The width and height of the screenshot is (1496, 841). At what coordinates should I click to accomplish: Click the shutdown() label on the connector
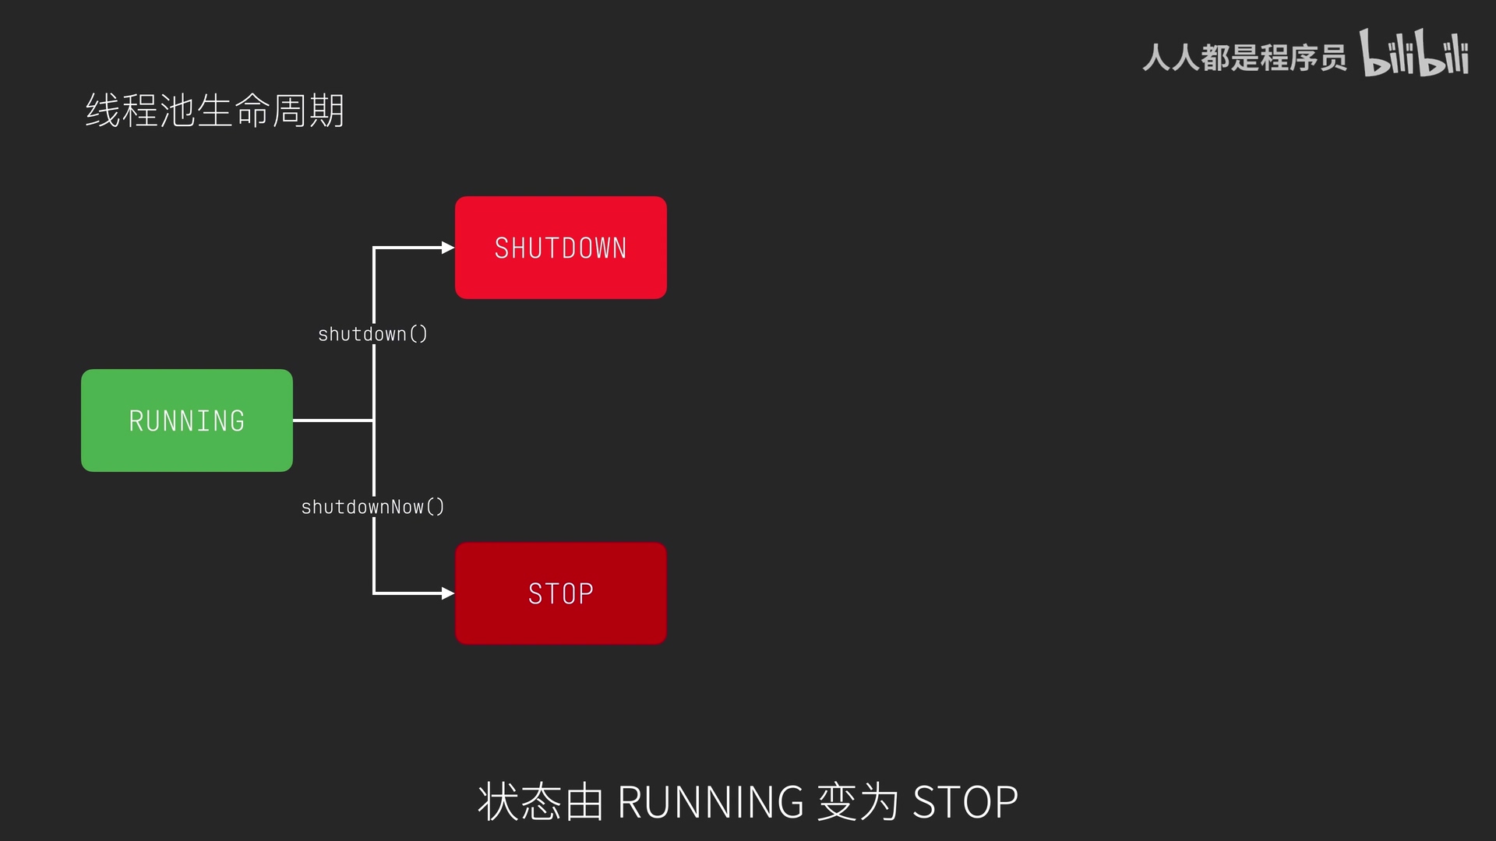372,334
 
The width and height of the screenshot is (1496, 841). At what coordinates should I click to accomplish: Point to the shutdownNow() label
372,507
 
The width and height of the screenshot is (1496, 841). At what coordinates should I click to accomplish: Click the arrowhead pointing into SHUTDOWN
447,248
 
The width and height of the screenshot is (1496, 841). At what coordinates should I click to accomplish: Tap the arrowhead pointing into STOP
447,593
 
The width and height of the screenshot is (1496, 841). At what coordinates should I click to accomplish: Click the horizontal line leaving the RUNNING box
333,420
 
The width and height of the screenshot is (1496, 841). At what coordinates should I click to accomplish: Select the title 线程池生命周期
214,111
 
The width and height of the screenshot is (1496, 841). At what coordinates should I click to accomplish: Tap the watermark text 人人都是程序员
1244,58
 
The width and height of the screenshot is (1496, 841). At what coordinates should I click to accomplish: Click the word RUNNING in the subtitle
710,802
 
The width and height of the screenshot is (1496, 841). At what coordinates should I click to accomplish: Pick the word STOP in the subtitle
965,802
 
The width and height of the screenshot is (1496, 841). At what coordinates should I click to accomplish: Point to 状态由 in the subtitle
540,802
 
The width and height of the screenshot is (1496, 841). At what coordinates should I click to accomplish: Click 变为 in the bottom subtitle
858,802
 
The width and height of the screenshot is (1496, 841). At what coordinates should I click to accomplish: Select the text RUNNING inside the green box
187,421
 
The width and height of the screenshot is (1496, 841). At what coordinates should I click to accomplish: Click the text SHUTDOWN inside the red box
560,248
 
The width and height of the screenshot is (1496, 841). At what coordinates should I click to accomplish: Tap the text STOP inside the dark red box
560,594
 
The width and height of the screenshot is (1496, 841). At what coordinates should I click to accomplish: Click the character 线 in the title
103,111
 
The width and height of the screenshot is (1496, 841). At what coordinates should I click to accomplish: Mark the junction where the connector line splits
374,420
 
